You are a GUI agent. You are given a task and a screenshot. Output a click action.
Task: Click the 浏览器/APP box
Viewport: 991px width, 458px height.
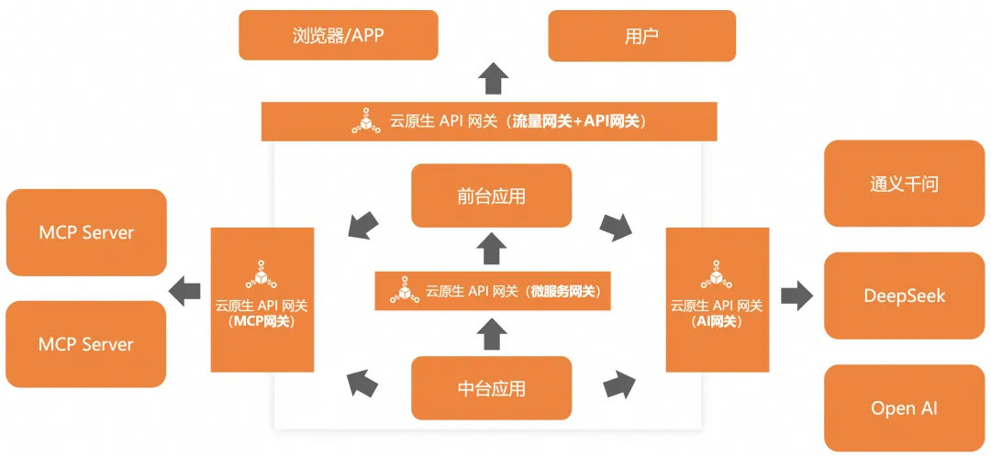(x=338, y=36)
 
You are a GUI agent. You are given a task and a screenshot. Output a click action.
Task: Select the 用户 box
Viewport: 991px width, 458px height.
(x=641, y=36)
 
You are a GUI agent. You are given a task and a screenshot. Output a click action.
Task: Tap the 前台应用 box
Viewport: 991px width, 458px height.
(x=491, y=196)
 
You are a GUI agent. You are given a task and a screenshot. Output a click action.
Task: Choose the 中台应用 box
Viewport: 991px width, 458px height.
(x=491, y=388)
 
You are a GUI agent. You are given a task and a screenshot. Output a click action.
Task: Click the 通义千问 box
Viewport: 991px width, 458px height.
(x=904, y=184)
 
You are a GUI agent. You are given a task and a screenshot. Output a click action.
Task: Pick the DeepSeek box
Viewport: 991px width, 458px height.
(x=904, y=296)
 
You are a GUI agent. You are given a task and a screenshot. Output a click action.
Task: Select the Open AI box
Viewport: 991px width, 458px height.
(x=904, y=408)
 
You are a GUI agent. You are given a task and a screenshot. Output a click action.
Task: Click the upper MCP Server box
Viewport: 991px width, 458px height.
(x=86, y=232)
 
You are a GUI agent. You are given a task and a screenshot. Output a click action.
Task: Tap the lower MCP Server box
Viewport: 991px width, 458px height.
(x=86, y=344)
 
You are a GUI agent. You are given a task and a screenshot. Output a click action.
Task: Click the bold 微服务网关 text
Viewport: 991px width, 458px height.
(x=562, y=292)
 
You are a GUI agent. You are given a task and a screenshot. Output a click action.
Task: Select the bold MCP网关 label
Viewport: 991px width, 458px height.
(x=262, y=320)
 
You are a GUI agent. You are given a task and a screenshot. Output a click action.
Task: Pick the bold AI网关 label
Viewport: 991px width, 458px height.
(x=718, y=320)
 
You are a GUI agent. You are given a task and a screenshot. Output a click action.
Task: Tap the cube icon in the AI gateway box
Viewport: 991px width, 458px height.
(x=718, y=274)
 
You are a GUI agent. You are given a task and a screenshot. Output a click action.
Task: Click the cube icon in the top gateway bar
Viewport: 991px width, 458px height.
(x=365, y=121)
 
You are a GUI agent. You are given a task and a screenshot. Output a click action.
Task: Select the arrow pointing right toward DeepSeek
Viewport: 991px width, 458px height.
(x=797, y=296)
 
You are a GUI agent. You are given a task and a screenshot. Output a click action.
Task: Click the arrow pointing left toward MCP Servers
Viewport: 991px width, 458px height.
(x=184, y=292)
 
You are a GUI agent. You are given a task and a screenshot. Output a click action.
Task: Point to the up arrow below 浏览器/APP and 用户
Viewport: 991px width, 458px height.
(x=493, y=78)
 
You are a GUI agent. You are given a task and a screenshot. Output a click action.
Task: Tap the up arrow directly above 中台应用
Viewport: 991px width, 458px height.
(x=492, y=334)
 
